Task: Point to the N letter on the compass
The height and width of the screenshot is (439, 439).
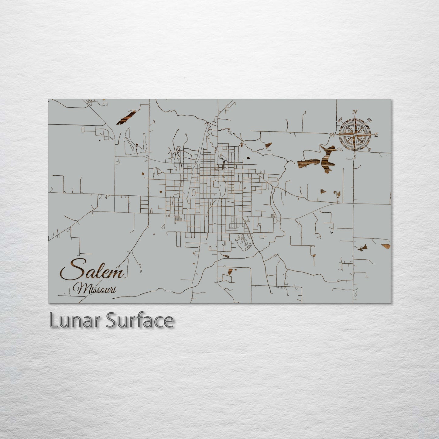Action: pos(354,111)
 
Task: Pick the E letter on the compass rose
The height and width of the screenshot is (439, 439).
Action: pos(376,135)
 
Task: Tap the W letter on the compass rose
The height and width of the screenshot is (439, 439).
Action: pos(333,134)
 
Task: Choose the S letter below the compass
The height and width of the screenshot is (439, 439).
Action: pos(354,157)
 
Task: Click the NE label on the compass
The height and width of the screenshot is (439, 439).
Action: pos(370,119)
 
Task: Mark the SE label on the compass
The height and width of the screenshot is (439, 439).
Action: pos(369,149)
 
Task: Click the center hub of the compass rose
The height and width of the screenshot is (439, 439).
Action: pos(354,134)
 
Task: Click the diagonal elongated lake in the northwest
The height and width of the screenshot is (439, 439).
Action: pos(126,118)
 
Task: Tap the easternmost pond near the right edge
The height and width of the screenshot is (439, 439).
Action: pos(386,245)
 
